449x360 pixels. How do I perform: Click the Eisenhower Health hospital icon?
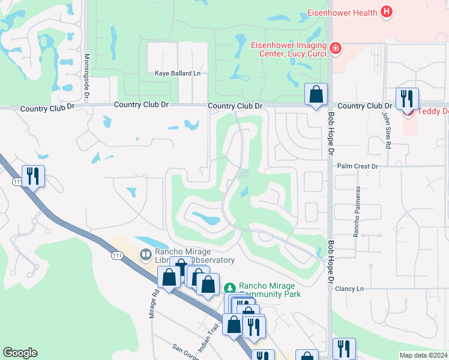pos(387,12)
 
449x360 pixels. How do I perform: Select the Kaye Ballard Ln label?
pos(177,73)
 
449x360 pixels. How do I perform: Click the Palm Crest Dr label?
pos(358,166)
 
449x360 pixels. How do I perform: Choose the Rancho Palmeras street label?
pos(357,211)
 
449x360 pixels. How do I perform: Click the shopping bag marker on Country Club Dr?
pos(316,95)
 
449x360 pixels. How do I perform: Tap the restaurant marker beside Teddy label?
pos(407,98)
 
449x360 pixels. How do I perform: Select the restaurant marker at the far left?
pos(33,176)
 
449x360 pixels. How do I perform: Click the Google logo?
pos(20,353)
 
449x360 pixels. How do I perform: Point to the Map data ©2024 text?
pos(423,355)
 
